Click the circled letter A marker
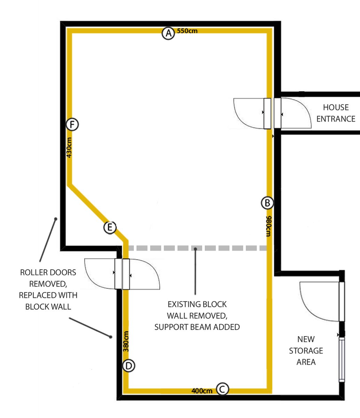169,33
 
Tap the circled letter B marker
267,203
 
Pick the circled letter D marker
129,366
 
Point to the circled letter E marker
110,227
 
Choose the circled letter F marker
72,124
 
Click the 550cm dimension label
187,31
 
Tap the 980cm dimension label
268,226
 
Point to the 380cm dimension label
126,341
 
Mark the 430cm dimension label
69,147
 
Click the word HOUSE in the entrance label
336,107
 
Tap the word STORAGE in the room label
306,350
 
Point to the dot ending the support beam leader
195,249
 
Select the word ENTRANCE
336,119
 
